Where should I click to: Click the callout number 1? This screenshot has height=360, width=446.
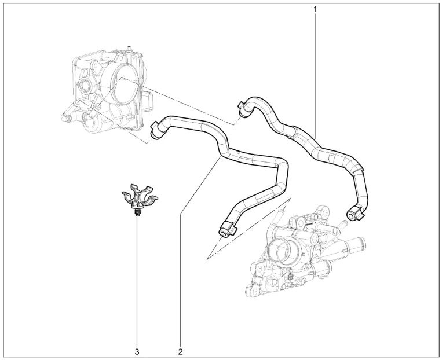[x=315, y=9]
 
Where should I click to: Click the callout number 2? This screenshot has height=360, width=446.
[x=180, y=351]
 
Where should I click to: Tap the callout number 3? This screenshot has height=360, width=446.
[x=137, y=351]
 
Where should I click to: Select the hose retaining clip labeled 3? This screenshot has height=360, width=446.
[x=140, y=197]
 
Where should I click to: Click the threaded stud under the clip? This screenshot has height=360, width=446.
[x=137, y=213]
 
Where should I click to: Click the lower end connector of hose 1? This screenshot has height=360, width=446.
[x=354, y=214]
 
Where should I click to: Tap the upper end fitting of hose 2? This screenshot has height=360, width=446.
[x=158, y=130]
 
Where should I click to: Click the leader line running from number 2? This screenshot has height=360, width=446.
[x=200, y=251]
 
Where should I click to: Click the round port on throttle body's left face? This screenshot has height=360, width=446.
[x=84, y=85]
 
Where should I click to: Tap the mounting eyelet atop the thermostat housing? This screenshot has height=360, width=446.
[x=324, y=211]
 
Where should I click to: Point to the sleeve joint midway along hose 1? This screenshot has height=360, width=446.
[x=294, y=132]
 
